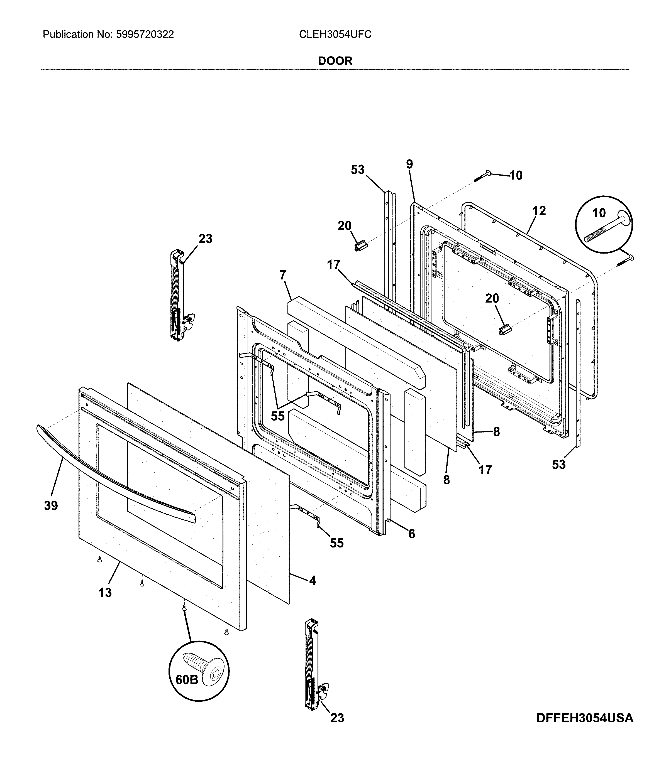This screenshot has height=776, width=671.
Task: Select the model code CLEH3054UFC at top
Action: click(335, 35)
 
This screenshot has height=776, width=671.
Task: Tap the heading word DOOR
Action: click(335, 61)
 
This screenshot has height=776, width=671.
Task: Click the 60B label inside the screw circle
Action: click(187, 679)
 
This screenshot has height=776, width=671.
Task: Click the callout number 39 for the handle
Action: click(51, 506)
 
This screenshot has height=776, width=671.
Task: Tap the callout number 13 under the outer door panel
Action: click(105, 593)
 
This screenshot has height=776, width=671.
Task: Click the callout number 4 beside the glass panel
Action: click(313, 581)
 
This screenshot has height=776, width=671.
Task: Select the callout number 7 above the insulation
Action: click(283, 275)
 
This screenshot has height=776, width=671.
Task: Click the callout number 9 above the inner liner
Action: click(409, 164)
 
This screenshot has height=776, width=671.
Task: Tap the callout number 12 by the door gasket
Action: click(539, 211)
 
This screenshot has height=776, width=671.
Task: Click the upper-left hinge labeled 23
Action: click(178, 296)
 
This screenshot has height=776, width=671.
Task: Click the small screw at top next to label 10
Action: click(484, 176)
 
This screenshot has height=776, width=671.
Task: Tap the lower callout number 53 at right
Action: click(558, 464)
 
